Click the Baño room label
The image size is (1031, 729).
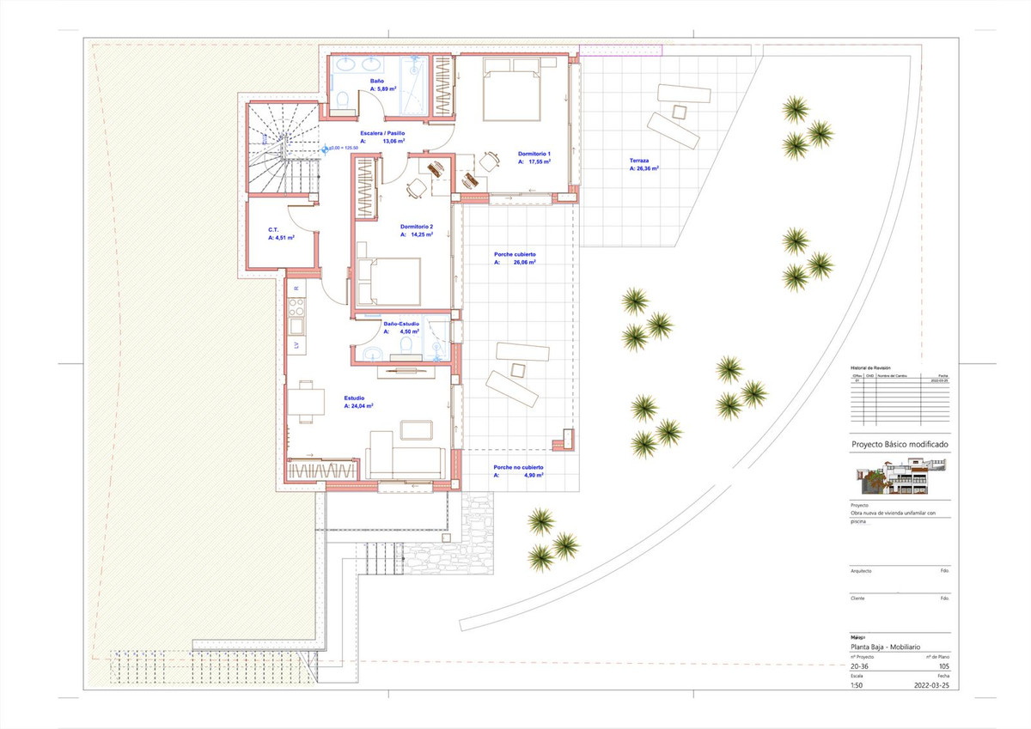365,81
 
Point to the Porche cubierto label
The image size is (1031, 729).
515,255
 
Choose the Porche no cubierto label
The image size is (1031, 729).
518,468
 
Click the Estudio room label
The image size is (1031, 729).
354,398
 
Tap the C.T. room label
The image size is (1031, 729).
272,229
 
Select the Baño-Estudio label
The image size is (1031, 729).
401,324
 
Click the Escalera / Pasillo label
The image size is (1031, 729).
382,134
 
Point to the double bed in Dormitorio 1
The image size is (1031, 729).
512,88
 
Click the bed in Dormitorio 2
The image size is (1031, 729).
391,281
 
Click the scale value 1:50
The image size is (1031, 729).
857,686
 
